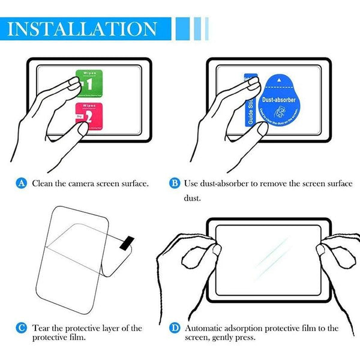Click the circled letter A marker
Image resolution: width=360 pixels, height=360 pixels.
pos(22,182)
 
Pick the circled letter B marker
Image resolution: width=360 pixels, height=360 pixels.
pos(175,182)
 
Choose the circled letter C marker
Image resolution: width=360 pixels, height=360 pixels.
pos(22,328)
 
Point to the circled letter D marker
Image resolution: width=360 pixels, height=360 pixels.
pos(175,328)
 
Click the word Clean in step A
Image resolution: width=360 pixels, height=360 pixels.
pos(43,182)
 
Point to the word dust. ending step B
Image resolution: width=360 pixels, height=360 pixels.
pos(192,197)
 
